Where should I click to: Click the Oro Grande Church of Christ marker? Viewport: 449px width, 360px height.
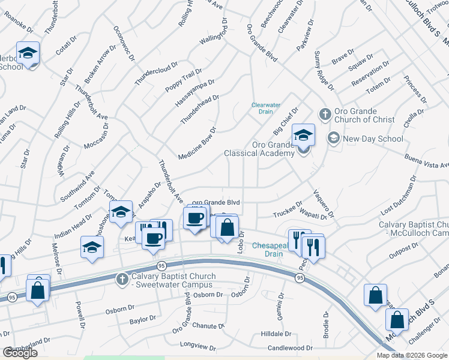[325, 115]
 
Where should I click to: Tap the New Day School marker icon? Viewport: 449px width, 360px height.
[333, 139]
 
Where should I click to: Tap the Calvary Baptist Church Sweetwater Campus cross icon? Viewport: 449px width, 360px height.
[122, 278]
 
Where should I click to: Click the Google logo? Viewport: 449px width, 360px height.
[20, 353]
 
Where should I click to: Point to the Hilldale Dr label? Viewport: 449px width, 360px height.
[276, 334]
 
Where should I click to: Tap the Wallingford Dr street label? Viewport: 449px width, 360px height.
[215, 29]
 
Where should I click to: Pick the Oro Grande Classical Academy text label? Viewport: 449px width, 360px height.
[259, 149]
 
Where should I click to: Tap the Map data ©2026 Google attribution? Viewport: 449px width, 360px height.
[411, 355]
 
